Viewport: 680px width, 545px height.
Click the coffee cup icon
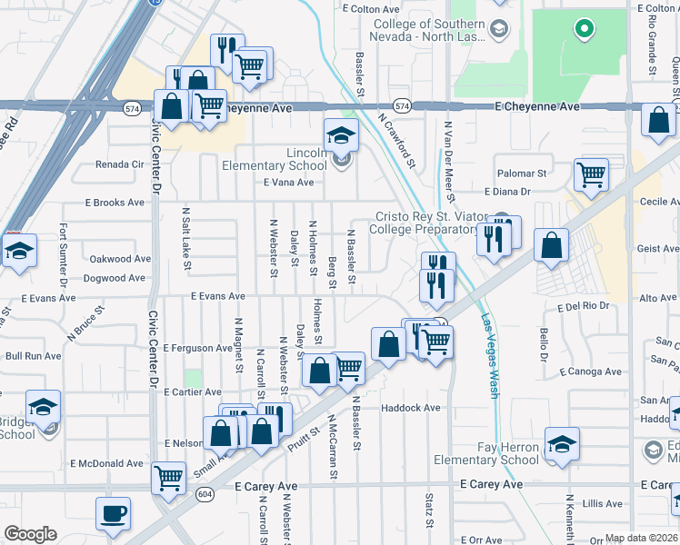(x=114, y=514)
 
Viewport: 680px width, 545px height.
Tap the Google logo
(x=30, y=534)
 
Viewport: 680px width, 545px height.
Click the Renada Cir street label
(x=120, y=165)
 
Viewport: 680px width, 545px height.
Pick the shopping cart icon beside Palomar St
(x=592, y=173)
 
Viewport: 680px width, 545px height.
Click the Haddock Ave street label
(x=411, y=408)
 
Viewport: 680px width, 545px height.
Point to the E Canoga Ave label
(x=591, y=372)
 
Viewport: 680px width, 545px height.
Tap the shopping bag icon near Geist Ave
(x=551, y=244)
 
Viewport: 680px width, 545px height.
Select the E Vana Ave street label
(x=288, y=183)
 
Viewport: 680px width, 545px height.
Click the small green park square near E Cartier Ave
(x=193, y=377)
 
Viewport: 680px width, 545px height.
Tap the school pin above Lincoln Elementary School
(x=342, y=135)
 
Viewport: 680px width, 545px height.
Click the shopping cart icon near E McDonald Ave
(x=168, y=477)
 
